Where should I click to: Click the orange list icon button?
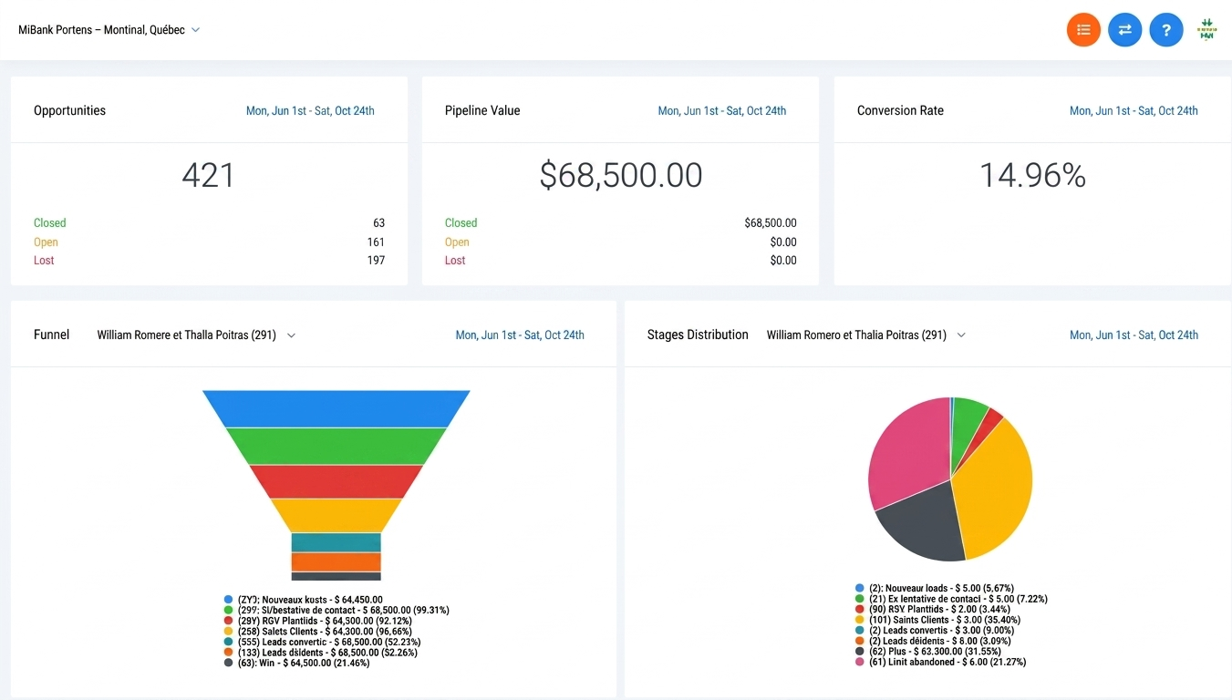point(1083,30)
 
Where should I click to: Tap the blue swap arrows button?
point(1124,30)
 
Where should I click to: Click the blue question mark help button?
point(1165,30)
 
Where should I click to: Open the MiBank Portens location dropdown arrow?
point(196,30)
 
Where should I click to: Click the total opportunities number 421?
point(208,175)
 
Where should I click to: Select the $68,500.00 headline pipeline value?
point(620,175)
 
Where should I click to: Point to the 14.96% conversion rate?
point(1032,175)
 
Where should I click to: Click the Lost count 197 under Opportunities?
point(375,261)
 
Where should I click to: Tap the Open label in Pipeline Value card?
point(457,242)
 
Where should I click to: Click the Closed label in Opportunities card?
point(50,223)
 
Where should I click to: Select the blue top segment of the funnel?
point(336,408)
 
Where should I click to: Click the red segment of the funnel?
point(336,481)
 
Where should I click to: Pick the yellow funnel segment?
point(336,515)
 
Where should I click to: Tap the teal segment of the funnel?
point(336,542)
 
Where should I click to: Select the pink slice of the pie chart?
point(907,451)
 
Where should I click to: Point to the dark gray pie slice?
point(921,529)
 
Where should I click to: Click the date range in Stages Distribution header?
point(1134,335)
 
